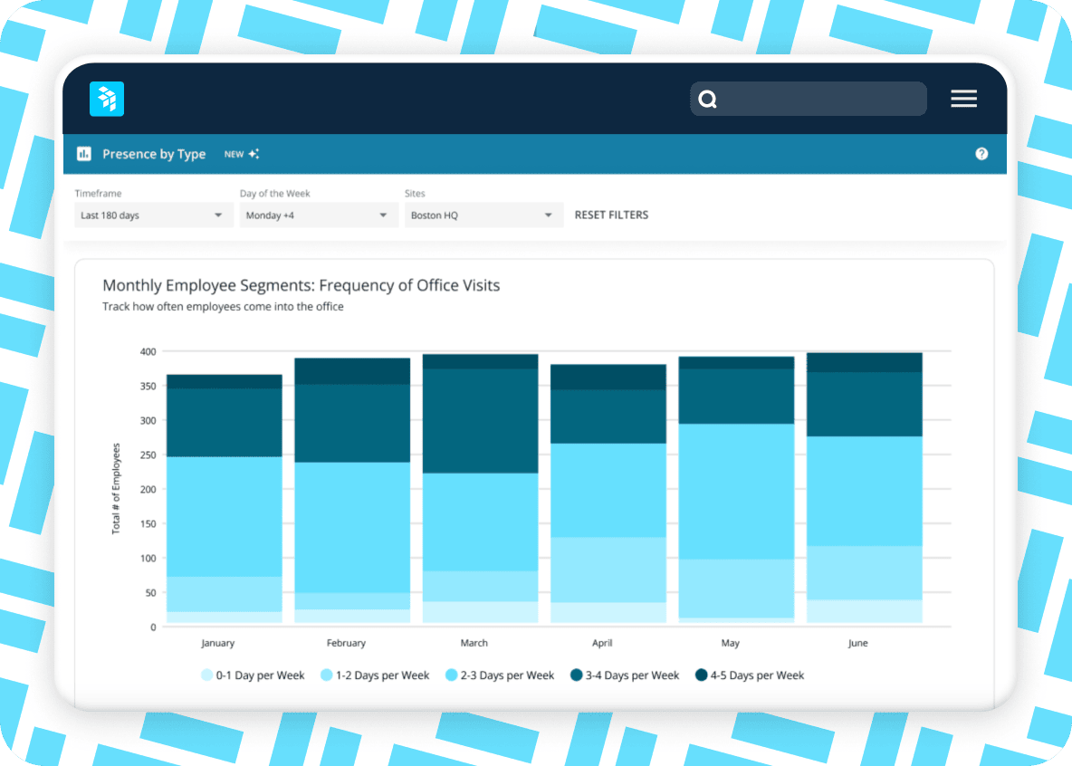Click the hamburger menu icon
pos(963,100)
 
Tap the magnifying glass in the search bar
pos(708,100)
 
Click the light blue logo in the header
pos(107,99)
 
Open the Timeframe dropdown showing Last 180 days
pos(152,215)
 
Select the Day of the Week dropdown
pos(317,215)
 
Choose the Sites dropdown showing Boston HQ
pos(482,215)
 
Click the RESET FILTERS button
pos(611,215)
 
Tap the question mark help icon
pos(981,154)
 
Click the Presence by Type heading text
pos(154,154)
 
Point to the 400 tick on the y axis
pos(148,351)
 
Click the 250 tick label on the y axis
pos(148,455)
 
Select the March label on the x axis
pos(474,643)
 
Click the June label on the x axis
pos(857,643)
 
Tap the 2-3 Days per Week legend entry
pos(500,675)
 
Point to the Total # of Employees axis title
pos(116,488)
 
